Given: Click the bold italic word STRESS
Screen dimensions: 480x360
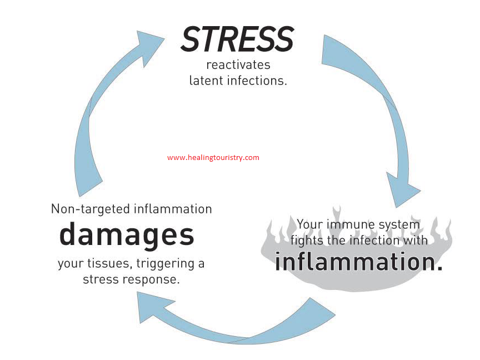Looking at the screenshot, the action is [x=237, y=39].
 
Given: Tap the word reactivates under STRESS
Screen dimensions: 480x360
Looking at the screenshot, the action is [x=238, y=65].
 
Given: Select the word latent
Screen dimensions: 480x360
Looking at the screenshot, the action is [x=206, y=81].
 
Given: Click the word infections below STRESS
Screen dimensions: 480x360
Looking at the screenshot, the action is [x=257, y=81].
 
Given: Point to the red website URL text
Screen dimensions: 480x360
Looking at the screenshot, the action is [x=213, y=158].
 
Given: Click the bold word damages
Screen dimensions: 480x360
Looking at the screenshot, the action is [x=127, y=235].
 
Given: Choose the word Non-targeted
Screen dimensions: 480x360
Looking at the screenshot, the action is [x=91, y=209].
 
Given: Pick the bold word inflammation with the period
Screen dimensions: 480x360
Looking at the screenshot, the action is [x=359, y=262].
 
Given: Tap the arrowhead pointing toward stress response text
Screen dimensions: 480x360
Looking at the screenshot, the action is [x=153, y=307].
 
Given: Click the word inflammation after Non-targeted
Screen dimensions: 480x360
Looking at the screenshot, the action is [x=173, y=209].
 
